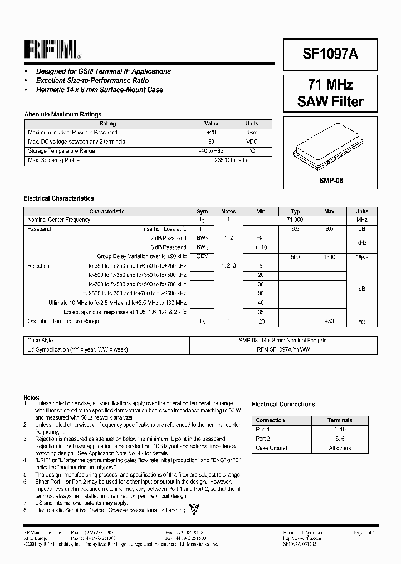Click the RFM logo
[x=52, y=50]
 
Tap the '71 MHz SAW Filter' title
[x=330, y=93]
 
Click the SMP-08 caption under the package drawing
[x=330, y=181]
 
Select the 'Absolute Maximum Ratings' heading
[x=62, y=114]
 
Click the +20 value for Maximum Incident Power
[x=211, y=133]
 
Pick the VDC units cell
[x=252, y=142]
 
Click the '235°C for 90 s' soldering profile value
[x=231, y=160]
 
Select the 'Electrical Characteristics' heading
[x=58, y=198]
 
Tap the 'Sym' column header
[x=202, y=211]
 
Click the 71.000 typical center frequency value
[x=295, y=220]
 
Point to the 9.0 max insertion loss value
[x=329, y=229]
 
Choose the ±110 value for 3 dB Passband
[x=261, y=247]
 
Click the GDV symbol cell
[x=202, y=256]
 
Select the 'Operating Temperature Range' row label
[x=63, y=321]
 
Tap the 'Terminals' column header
[x=340, y=420]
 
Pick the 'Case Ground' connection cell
[x=271, y=448]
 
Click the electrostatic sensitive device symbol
[x=194, y=509]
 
